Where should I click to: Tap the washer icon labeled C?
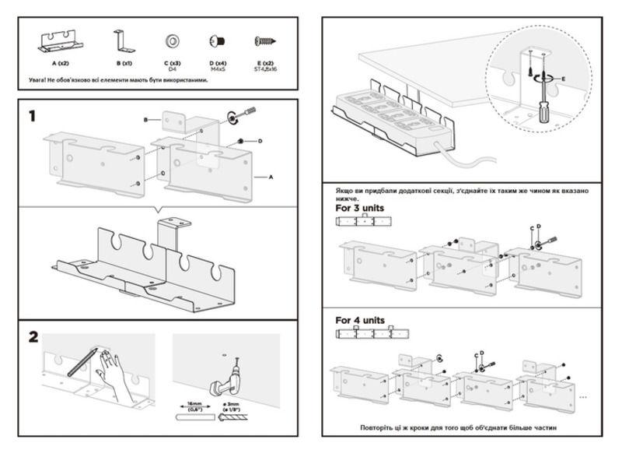(x=172, y=41)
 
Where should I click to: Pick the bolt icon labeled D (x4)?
(x=216, y=41)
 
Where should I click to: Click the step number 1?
(x=32, y=116)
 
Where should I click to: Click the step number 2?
(x=33, y=337)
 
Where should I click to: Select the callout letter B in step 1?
(x=146, y=120)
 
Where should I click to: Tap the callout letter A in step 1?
(x=271, y=178)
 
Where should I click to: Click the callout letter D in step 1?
(x=260, y=141)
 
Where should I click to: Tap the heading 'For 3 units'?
(x=360, y=209)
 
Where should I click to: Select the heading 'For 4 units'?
(x=360, y=320)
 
